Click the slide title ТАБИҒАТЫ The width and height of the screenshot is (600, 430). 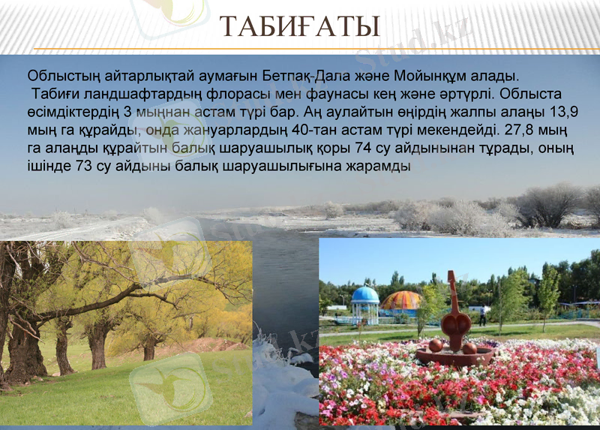point(299,28)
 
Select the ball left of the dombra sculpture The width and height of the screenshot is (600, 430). point(436,345)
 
